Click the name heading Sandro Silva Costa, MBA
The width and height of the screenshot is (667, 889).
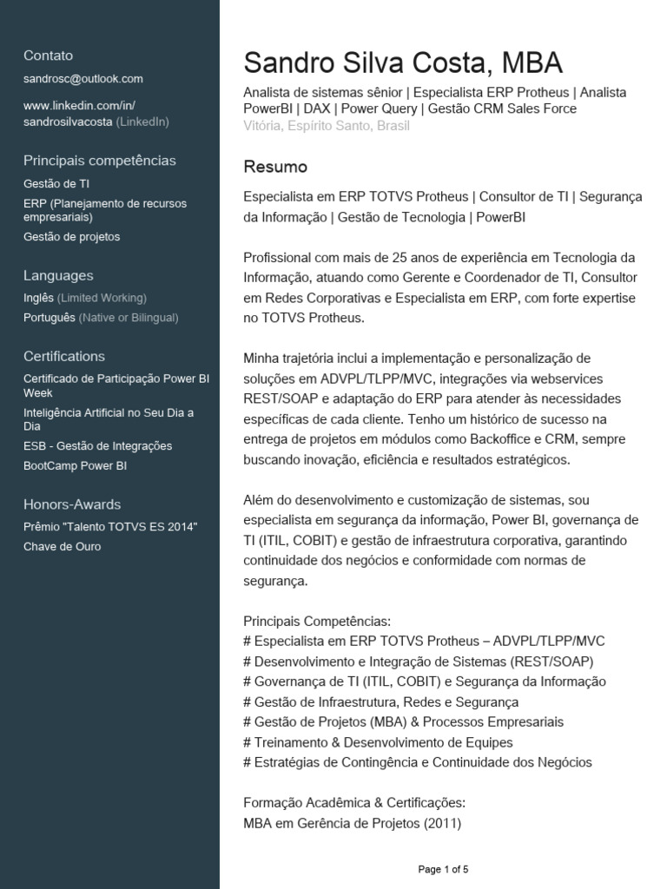403,63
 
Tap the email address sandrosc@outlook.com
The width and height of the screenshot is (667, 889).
83,79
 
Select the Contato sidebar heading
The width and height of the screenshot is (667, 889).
49,56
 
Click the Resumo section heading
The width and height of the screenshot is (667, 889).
275,166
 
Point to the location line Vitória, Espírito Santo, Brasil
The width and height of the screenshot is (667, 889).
327,125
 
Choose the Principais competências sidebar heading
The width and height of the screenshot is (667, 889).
100,161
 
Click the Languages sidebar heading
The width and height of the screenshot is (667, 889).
58,276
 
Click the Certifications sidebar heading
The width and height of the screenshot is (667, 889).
64,357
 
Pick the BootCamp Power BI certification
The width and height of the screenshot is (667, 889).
76,466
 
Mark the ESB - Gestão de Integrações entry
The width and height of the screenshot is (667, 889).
98,446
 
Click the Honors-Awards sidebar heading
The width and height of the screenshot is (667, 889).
72,504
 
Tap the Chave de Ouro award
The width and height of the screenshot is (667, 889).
63,547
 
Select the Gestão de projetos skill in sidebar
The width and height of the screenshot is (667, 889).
72,237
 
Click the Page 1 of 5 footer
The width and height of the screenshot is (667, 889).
443,869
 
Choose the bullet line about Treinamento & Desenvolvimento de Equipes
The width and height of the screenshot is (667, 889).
379,742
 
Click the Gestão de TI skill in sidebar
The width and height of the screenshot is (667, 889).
56,184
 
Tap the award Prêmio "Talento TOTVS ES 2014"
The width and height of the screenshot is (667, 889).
111,527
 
